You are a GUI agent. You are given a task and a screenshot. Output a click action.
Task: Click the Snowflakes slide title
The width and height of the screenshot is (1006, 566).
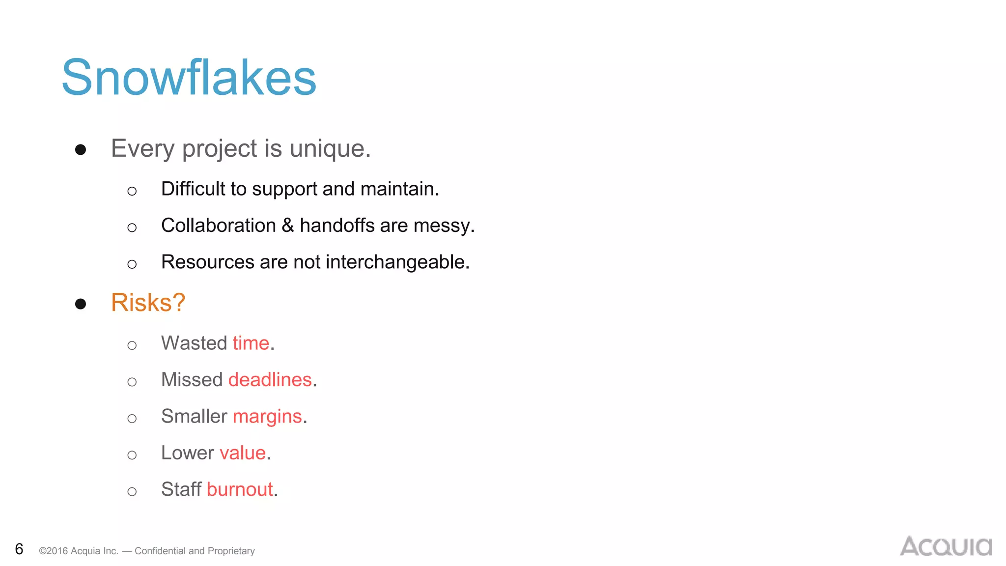189,78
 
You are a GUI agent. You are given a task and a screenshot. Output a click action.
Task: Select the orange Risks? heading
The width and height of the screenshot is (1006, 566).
148,302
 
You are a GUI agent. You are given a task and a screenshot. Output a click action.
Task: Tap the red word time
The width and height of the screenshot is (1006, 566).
251,343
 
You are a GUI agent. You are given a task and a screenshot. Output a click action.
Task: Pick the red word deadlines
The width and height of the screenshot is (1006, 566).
270,380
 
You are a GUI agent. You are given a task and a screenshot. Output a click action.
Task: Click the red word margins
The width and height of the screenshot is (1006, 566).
267,417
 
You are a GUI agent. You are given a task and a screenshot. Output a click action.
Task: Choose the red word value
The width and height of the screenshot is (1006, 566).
243,453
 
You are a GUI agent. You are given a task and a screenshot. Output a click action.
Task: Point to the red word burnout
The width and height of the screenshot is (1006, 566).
240,489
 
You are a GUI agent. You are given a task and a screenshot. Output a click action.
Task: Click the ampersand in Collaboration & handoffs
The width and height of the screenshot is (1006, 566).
288,226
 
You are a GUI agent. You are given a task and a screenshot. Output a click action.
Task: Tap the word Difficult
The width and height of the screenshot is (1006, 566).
193,189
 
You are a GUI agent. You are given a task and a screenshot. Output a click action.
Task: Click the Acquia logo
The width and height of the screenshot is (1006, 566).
946,546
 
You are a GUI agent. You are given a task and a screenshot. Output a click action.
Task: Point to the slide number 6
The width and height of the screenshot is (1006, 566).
19,549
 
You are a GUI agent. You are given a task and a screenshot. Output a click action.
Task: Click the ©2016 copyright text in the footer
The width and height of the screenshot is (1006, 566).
79,551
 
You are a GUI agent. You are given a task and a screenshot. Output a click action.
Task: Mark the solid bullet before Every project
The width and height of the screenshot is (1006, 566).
81,149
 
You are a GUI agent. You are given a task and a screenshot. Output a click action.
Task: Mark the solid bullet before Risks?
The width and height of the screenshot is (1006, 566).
81,304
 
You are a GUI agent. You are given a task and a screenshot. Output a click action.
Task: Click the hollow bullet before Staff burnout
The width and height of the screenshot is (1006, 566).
132,491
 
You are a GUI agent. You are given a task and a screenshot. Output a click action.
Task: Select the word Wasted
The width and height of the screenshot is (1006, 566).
194,343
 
